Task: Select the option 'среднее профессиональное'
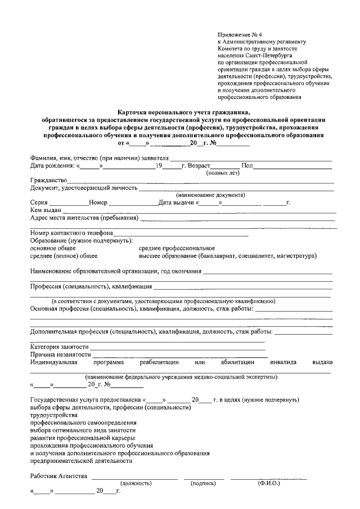pos(177,248)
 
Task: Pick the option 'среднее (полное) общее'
pos(64,256)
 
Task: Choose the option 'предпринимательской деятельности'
pos(82,461)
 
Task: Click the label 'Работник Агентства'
pos(58,476)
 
